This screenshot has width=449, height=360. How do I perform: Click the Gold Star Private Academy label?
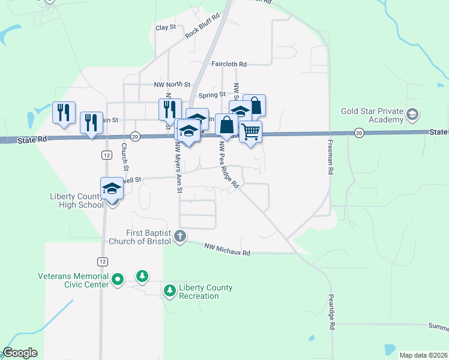coord(372,115)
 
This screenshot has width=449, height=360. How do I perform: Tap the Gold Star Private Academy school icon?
coord(412,114)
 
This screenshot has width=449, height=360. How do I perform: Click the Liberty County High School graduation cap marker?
coord(112,189)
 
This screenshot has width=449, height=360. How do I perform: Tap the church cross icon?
coord(180,236)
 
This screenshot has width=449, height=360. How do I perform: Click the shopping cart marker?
coord(250,131)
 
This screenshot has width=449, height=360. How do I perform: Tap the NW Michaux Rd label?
coord(227,247)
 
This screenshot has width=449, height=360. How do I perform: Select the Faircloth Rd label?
coord(229,64)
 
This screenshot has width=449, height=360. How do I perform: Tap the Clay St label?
coord(165,28)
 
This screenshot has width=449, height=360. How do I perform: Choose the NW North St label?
coord(172,85)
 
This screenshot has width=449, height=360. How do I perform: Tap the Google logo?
coord(20,353)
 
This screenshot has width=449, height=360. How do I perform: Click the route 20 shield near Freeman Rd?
coord(359,133)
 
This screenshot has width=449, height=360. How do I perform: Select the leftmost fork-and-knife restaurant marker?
coord(64,112)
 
